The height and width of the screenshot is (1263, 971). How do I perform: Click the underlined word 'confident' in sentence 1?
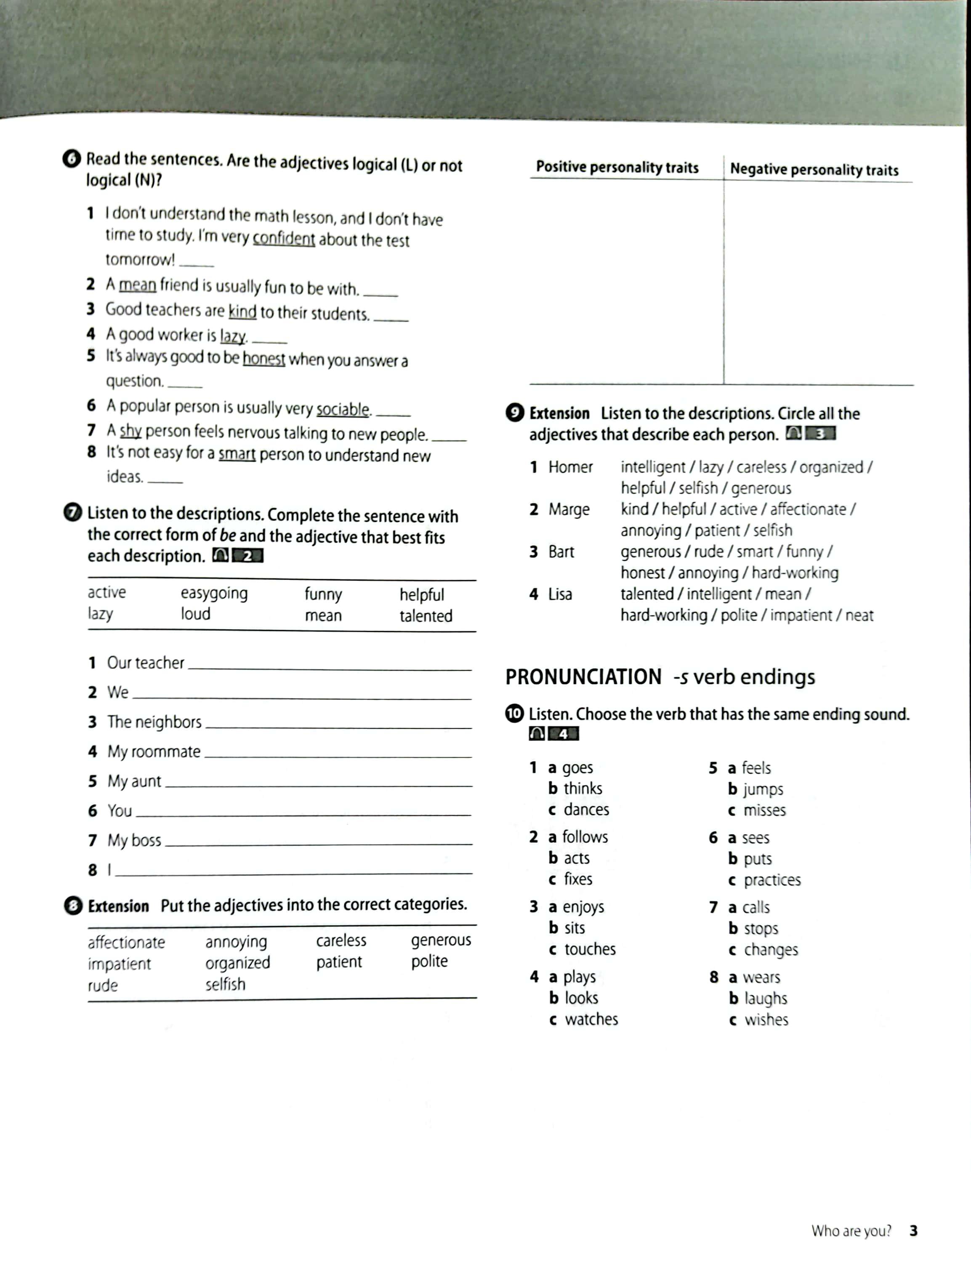point(284,238)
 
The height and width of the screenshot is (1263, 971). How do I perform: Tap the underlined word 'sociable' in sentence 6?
point(343,409)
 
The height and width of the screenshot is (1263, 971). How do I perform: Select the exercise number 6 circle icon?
point(72,159)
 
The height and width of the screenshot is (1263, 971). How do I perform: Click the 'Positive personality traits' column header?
point(617,168)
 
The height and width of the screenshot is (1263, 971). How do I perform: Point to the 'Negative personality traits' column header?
point(814,169)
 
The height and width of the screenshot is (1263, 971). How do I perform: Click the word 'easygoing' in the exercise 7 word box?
point(214,593)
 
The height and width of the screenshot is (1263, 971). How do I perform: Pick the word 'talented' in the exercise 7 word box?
point(426,616)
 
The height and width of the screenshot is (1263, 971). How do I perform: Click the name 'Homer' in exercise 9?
point(570,467)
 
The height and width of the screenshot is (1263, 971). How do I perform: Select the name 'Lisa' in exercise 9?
point(560,594)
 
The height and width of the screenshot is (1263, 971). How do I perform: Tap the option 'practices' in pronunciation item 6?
point(772,880)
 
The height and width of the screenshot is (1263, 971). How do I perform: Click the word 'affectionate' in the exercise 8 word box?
point(126,943)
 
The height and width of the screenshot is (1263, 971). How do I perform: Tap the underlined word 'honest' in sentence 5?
point(263,359)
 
